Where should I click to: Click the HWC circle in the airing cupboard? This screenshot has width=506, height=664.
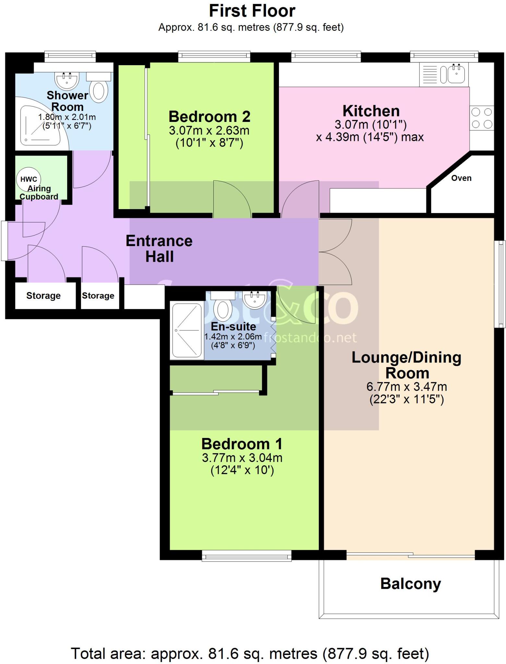point(29,179)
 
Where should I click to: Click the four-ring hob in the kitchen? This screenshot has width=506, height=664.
point(482,118)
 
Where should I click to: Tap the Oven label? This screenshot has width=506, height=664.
point(461,178)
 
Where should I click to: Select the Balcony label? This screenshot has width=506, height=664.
point(410,584)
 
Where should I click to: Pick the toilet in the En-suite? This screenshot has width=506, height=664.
point(223,309)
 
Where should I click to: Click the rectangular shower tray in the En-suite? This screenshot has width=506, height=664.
point(187,330)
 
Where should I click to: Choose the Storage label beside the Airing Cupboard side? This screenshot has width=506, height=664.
point(43,296)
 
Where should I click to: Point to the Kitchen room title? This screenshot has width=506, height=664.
point(371,111)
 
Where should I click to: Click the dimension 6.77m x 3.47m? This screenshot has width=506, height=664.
point(406,387)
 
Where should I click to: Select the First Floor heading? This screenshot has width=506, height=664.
point(252,11)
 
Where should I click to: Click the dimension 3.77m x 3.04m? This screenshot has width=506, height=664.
point(242,458)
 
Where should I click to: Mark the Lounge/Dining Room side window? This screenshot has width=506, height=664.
point(501,284)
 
